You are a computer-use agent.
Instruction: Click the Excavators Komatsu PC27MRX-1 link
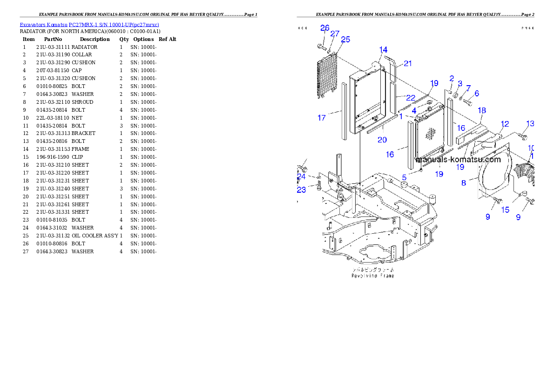click(x=89, y=25)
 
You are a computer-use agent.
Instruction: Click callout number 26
click(x=324, y=28)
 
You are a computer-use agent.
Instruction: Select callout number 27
click(x=335, y=34)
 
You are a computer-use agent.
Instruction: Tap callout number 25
click(x=345, y=40)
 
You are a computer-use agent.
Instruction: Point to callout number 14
click(x=383, y=50)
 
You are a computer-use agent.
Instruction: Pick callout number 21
click(x=408, y=64)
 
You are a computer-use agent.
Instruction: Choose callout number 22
click(x=410, y=98)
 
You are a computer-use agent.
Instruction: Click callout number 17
click(x=322, y=118)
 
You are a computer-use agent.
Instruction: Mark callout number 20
click(x=382, y=140)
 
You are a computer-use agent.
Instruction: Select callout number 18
click(x=482, y=110)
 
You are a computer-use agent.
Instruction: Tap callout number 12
click(x=505, y=124)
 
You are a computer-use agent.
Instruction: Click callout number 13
click(x=530, y=123)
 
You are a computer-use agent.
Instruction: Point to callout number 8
click(x=464, y=183)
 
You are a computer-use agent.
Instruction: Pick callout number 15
click(x=505, y=210)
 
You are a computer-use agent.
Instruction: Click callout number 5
click(x=405, y=177)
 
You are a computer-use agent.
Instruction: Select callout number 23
click(x=302, y=190)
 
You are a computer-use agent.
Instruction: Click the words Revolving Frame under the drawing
click(x=372, y=276)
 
